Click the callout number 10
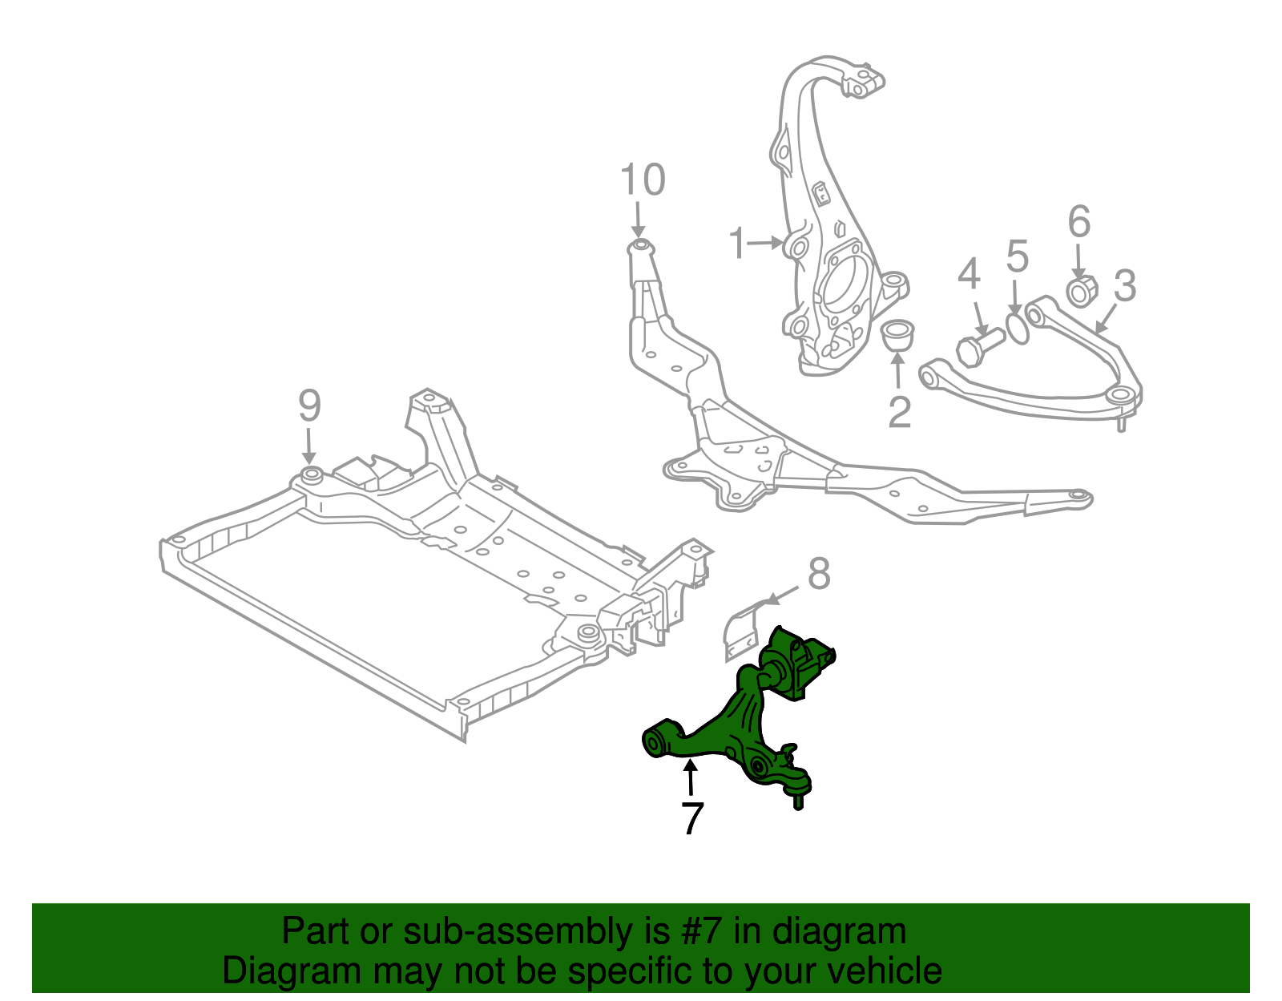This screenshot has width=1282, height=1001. pos(643,180)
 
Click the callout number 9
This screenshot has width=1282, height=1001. pos(309,406)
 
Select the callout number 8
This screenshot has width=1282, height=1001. pos(819,574)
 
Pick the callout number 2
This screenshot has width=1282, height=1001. pos(899,412)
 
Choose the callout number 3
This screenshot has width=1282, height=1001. pos(1125,285)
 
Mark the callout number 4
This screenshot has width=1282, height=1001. pos(969,274)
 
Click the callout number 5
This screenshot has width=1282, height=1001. pos(1017,256)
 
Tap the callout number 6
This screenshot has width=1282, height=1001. pos(1079,221)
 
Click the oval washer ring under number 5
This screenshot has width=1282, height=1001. pos(1016,328)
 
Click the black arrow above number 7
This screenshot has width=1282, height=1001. pos(689,777)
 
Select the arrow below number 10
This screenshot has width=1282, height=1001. pos(639,219)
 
